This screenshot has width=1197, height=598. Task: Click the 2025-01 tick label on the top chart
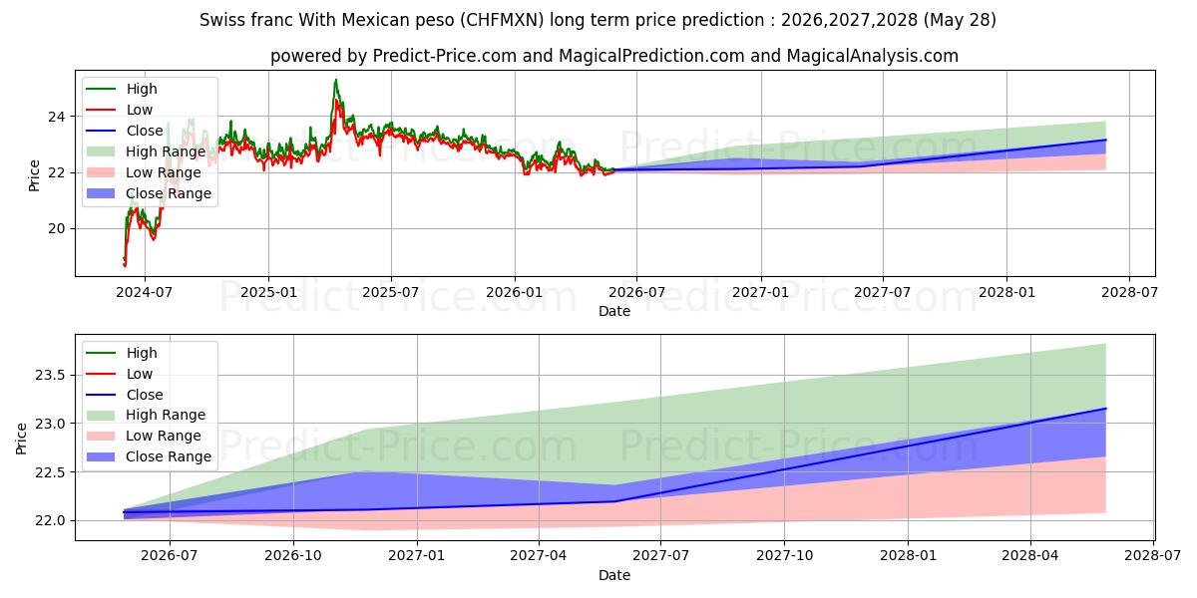click(x=268, y=293)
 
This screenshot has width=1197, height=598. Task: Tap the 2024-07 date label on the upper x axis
click(x=145, y=293)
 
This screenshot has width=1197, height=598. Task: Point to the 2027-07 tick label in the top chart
click(x=882, y=293)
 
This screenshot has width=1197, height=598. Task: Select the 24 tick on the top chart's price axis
click(x=57, y=117)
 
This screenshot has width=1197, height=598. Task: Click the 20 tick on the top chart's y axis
click(x=57, y=228)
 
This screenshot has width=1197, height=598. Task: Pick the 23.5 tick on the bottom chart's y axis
click(x=50, y=375)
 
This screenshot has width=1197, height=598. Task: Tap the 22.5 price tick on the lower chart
click(x=50, y=472)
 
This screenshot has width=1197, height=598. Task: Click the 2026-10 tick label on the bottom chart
click(x=293, y=556)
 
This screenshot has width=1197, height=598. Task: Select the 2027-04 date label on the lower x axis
click(x=539, y=556)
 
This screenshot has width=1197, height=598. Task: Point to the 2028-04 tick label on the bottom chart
click(x=1030, y=556)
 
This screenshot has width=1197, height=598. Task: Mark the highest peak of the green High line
click(x=335, y=80)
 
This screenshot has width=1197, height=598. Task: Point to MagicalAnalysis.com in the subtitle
click(x=872, y=56)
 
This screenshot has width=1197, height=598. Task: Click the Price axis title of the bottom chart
click(x=21, y=439)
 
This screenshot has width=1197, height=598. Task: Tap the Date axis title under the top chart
click(x=614, y=311)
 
